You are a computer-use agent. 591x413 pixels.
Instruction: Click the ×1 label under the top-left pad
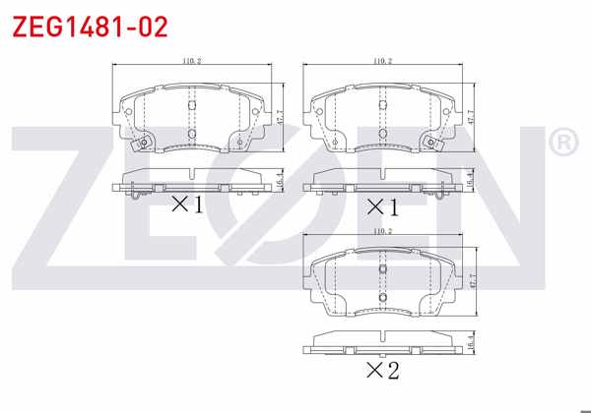tap(186, 205)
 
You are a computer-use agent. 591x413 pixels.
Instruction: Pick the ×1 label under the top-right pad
tap(382, 206)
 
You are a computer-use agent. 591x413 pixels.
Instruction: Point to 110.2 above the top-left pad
tap(191, 61)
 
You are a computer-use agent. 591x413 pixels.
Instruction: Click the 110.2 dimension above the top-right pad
tap(383, 61)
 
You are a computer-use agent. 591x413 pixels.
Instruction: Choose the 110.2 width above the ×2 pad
tap(383, 231)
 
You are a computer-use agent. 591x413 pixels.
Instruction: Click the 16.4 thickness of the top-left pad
tap(279, 179)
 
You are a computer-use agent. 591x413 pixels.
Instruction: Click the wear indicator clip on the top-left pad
tap(144, 146)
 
